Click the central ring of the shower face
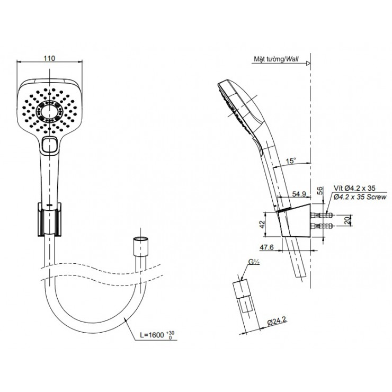pyautogui.click(x=50, y=111)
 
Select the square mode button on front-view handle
pyautogui.click(x=50, y=145)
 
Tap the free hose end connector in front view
pyautogui.click(x=140, y=246)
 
